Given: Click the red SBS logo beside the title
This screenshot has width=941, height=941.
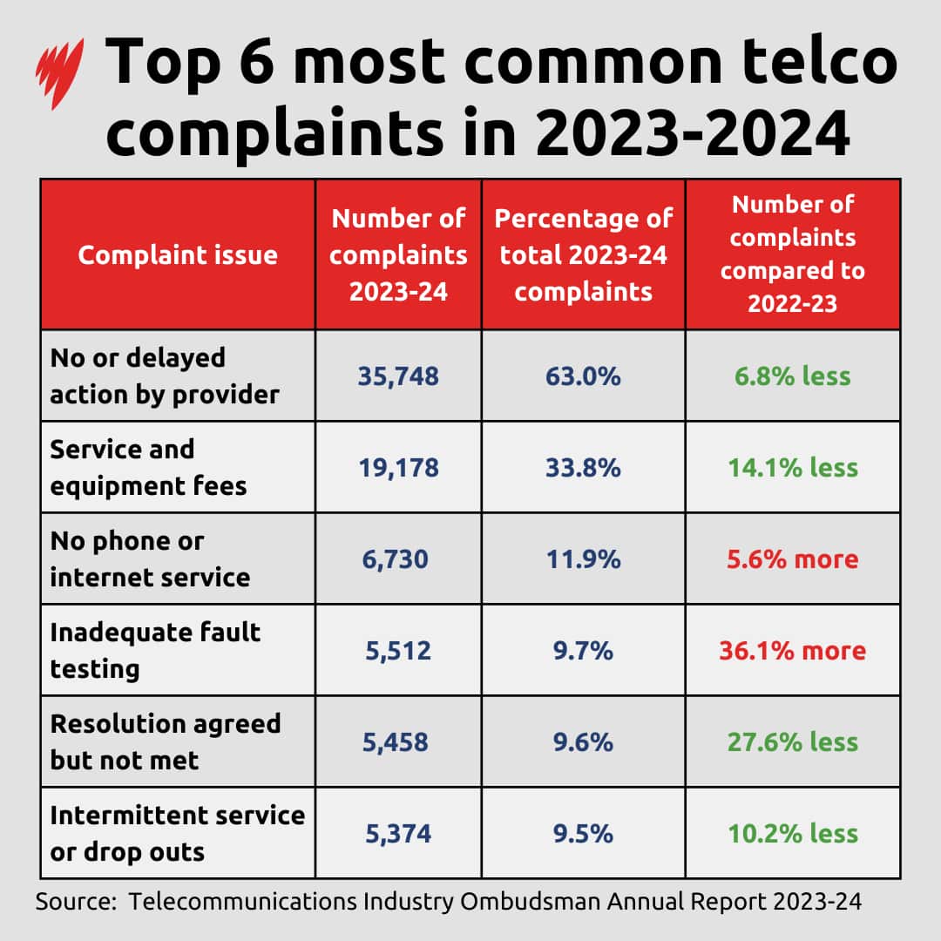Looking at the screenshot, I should click(59, 74).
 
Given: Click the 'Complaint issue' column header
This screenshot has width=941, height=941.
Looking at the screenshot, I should click(178, 254).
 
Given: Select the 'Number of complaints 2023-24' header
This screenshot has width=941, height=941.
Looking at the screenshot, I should click(398, 254).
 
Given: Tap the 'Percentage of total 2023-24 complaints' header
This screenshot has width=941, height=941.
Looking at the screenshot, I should click(583, 254).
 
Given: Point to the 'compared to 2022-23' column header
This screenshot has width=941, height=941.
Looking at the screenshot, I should click(793, 254).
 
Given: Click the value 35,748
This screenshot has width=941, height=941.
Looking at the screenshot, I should click(398, 376).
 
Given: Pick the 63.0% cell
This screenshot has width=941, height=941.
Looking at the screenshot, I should click(583, 376).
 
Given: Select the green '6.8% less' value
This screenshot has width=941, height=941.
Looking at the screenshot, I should click(793, 376).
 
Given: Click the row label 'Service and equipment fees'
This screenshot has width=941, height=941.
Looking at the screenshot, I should click(148, 467).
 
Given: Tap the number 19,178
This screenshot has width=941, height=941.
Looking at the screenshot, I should click(398, 467).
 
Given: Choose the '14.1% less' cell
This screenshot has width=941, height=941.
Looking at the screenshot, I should click(793, 467).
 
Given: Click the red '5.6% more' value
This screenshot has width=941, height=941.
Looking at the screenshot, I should click(793, 559).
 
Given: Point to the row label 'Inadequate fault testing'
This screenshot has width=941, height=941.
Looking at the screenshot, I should click(155, 650).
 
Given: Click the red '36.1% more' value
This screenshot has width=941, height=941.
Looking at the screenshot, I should click(793, 650).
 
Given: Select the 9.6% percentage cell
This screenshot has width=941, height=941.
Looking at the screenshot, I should click(583, 741).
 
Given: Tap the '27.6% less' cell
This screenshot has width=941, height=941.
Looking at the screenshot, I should click(793, 741).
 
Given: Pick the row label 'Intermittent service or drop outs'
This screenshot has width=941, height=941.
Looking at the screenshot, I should click(177, 833).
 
